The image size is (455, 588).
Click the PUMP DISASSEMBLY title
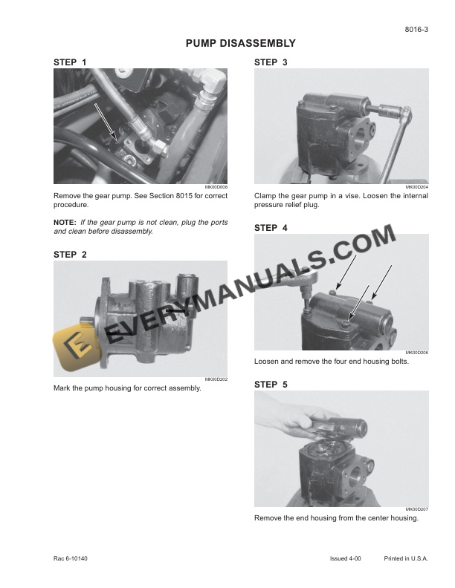(240, 44)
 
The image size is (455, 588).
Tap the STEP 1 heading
(70, 62)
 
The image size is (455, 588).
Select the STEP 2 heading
(70, 255)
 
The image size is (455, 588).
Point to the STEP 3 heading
(271, 62)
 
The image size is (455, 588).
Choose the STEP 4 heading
(271, 228)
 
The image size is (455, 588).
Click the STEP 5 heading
(271, 385)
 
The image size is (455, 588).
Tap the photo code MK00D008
(216, 187)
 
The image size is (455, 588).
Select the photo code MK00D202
(216, 380)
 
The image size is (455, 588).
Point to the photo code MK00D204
(417, 187)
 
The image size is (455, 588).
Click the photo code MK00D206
(417, 353)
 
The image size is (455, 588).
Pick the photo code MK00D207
(417, 509)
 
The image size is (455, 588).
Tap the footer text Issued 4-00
(346, 558)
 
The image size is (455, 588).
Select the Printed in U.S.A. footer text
(407, 558)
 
